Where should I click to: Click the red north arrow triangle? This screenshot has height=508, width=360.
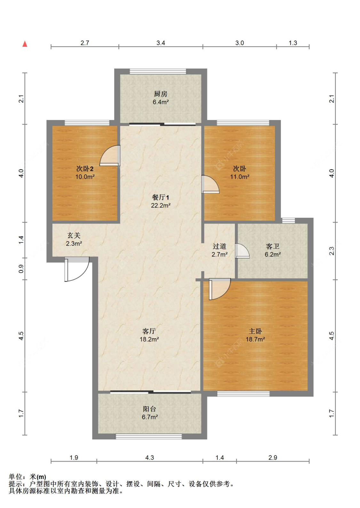[x=25, y=44]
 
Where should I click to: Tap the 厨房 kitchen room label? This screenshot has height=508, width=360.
[x=161, y=94]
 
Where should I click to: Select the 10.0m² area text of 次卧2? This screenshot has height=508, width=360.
[x=85, y=177]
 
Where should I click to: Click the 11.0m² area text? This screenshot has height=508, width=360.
[x=240, y=177]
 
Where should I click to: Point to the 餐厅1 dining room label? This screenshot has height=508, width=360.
[x=160, y=197]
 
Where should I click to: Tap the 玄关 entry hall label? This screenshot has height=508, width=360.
[x=74, y=235]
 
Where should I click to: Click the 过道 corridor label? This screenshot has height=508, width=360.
[x=219, y=246]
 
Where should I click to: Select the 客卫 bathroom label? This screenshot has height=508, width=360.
[x=273, y=246]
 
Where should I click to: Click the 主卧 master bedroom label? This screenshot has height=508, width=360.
[x=255, y=331]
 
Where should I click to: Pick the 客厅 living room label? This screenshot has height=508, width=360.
[x=149, y=331]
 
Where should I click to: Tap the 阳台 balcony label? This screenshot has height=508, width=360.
[x=149, y=409]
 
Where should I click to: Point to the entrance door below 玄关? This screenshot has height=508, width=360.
[x=77, y=269]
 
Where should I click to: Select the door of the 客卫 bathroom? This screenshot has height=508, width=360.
[x=242, y=251]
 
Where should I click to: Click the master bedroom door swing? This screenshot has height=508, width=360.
[x=220, y=289]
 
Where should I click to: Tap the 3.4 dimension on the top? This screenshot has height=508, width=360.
[x=161, y=43]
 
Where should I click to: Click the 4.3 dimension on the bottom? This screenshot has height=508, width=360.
[x=149, y=457]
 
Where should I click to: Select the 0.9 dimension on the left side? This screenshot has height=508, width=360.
[x=21, y=269]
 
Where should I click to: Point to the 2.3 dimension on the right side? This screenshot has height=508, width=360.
[x=332, y=251]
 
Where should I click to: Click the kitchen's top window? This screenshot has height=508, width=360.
[x=158, y=71]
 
